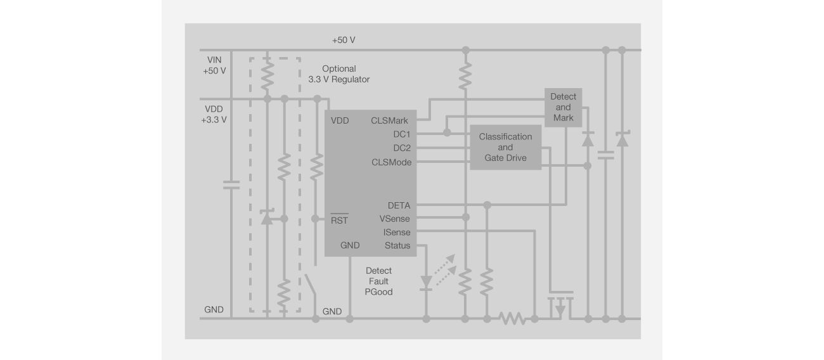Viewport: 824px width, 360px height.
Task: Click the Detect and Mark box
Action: (563, 107)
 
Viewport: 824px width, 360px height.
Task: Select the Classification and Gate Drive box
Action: (505, 147)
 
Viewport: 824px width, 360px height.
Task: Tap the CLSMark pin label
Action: (389, 120)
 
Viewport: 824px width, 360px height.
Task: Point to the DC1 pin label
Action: (401, 134)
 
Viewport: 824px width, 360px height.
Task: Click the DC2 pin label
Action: (401, 148)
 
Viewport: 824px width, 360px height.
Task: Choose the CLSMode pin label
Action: (390, 162)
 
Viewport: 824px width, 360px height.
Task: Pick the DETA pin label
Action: (399, 205)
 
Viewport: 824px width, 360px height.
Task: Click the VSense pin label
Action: (394, 219)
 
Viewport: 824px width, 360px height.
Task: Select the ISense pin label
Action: (397, 233)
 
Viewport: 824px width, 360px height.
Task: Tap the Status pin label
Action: (397, 246)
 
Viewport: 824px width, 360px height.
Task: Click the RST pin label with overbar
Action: (340, 221)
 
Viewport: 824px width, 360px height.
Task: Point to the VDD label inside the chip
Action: (340, 120)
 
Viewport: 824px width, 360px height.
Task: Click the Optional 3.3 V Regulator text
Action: (338, 74)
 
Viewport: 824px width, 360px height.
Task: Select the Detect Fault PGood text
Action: (378, 281)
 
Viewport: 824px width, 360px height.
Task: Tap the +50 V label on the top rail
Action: (343, 40)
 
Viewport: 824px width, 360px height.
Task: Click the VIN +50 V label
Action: (214, 65)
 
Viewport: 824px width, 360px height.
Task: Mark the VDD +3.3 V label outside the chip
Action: (214, 114)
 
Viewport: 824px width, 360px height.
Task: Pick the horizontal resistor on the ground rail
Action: (512, 318)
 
